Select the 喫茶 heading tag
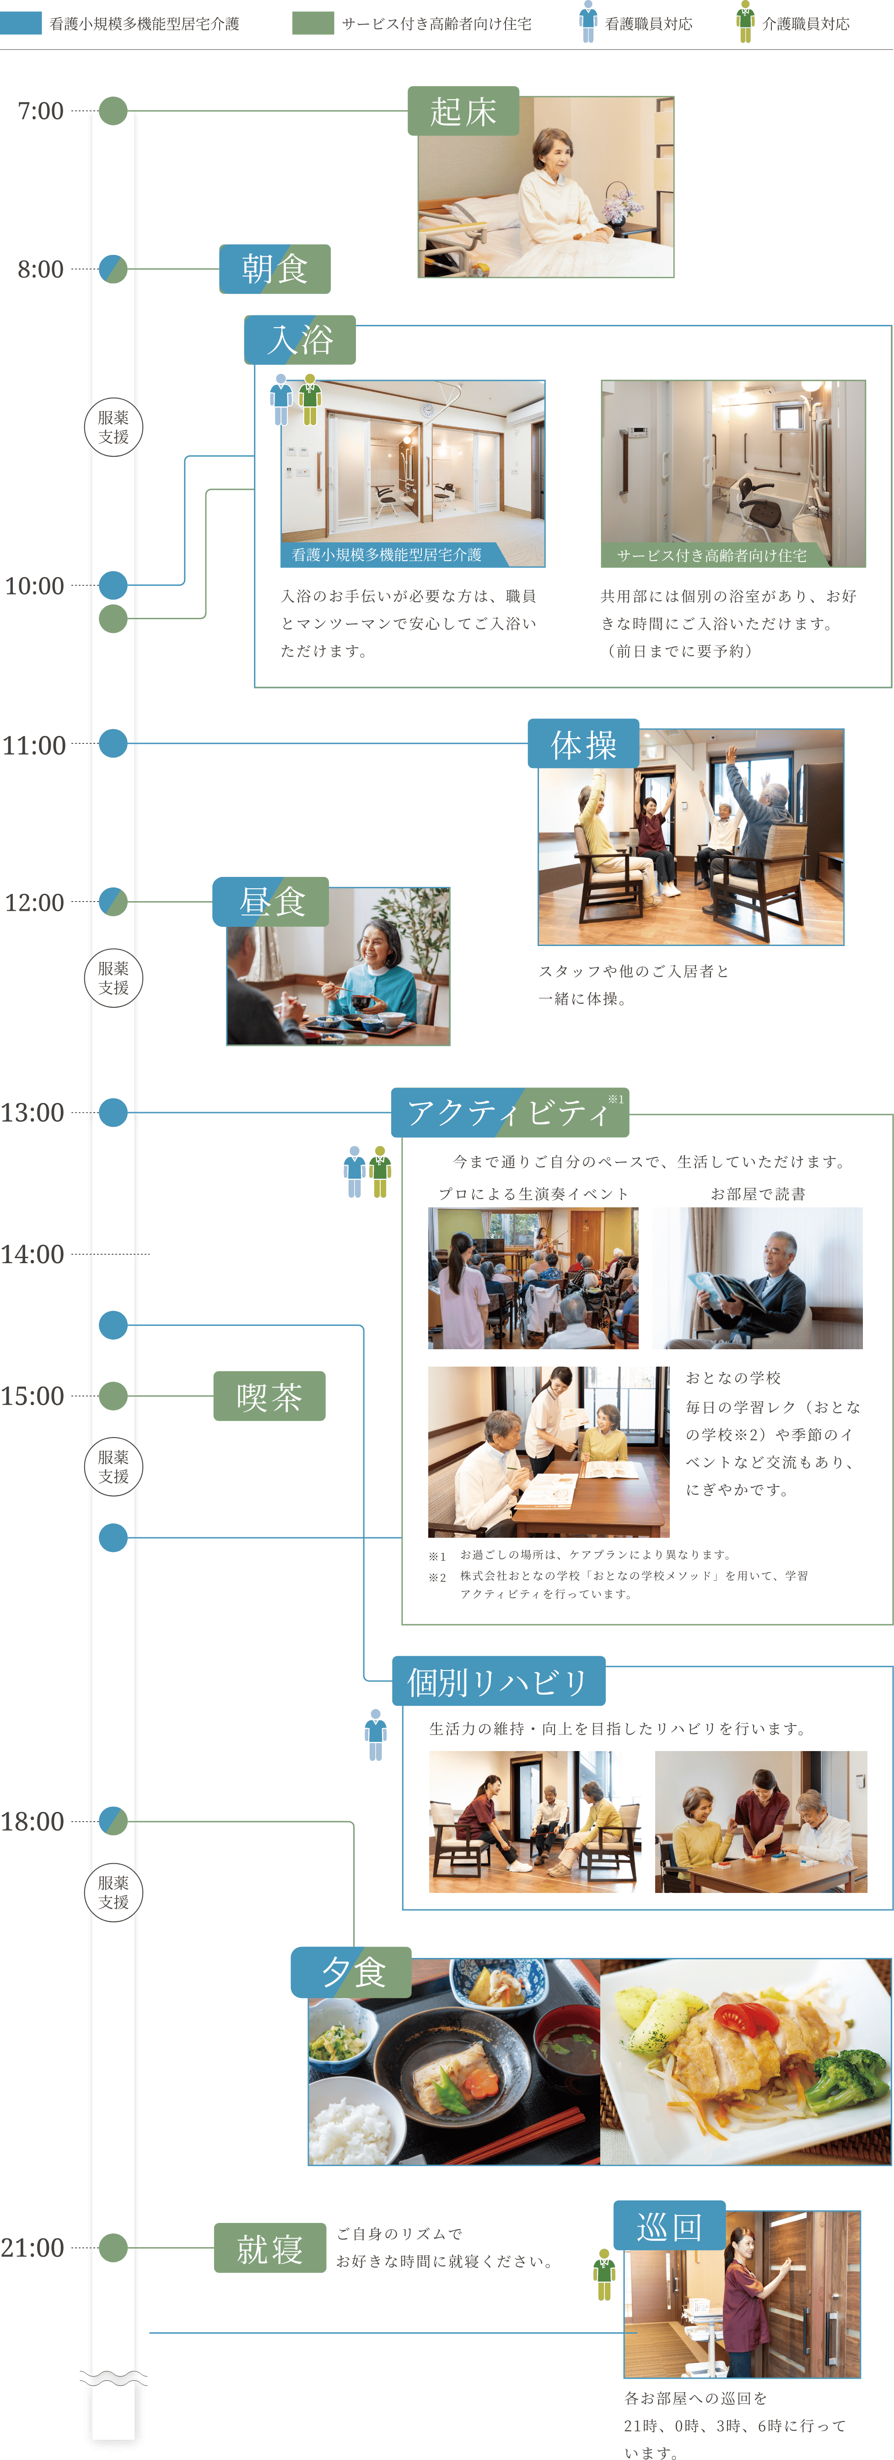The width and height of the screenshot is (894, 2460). coord(269,1396)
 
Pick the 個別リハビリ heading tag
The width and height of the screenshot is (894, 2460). coord(498,1681)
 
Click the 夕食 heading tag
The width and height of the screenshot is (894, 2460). coord(351,1972)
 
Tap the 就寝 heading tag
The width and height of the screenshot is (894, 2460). coord(269,2248)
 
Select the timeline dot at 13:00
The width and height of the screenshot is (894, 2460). coord(113,1113)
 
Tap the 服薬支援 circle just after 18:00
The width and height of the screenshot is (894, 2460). coord(113,1892)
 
